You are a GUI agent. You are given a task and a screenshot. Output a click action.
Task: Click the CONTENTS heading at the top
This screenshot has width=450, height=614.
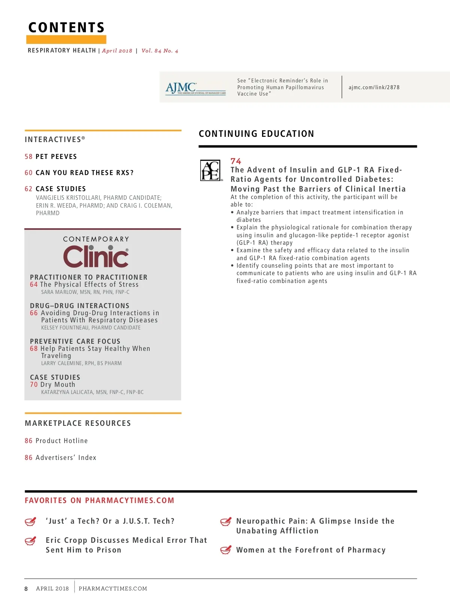click(x=66, y=28)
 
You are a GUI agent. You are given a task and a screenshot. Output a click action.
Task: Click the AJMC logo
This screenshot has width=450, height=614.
click(x=195, y=89)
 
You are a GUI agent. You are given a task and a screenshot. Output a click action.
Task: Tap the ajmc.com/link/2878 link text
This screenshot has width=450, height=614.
click(x=374, y=87)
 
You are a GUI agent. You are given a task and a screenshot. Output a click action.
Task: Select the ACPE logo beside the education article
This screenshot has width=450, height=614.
click(x=211, y=171)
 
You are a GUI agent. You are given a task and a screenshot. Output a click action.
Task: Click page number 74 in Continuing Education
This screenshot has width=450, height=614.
click(x=236, y=161)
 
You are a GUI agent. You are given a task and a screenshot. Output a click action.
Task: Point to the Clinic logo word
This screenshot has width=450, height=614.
click(x=96, y=256)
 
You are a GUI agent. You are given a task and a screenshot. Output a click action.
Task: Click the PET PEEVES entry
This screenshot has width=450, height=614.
click(x=56, y=157)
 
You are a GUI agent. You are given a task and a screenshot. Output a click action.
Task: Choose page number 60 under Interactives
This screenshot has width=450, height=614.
click(x=28, y=173)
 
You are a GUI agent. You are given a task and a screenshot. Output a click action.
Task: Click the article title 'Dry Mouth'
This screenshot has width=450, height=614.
click(x=58, y=385)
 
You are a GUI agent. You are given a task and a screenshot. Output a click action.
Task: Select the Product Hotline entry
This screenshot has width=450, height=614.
click(x=61, y=441)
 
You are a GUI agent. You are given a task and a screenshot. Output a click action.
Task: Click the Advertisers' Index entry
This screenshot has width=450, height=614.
click(x=66, y=458)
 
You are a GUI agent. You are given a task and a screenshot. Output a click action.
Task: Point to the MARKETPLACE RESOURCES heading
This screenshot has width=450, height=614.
click(x=78, y=423)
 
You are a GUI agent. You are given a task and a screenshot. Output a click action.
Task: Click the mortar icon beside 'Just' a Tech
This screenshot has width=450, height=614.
click(x=30, y=521)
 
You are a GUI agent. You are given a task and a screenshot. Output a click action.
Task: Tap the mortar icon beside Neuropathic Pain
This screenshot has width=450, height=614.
click(x=225, y=521)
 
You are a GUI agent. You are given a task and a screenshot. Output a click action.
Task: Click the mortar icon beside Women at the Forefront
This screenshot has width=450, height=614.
click(x=225, y=550)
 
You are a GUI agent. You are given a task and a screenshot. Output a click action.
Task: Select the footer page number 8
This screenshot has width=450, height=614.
click(x=26, y=589)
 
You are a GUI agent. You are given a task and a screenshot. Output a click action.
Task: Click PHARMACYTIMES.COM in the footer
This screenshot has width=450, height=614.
click(x=113, y=589)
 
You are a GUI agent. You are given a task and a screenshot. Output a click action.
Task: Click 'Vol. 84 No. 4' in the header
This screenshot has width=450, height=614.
click(x=160, y=51)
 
